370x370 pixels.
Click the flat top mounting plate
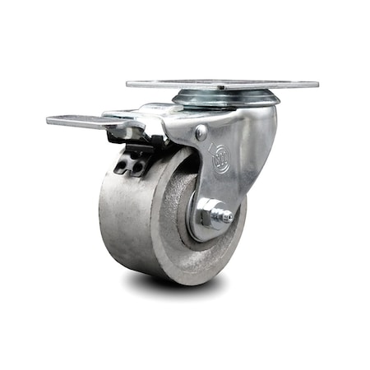click(222, 85)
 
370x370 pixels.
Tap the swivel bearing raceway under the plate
click(226, 99)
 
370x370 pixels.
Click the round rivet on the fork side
click(201, 132)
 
